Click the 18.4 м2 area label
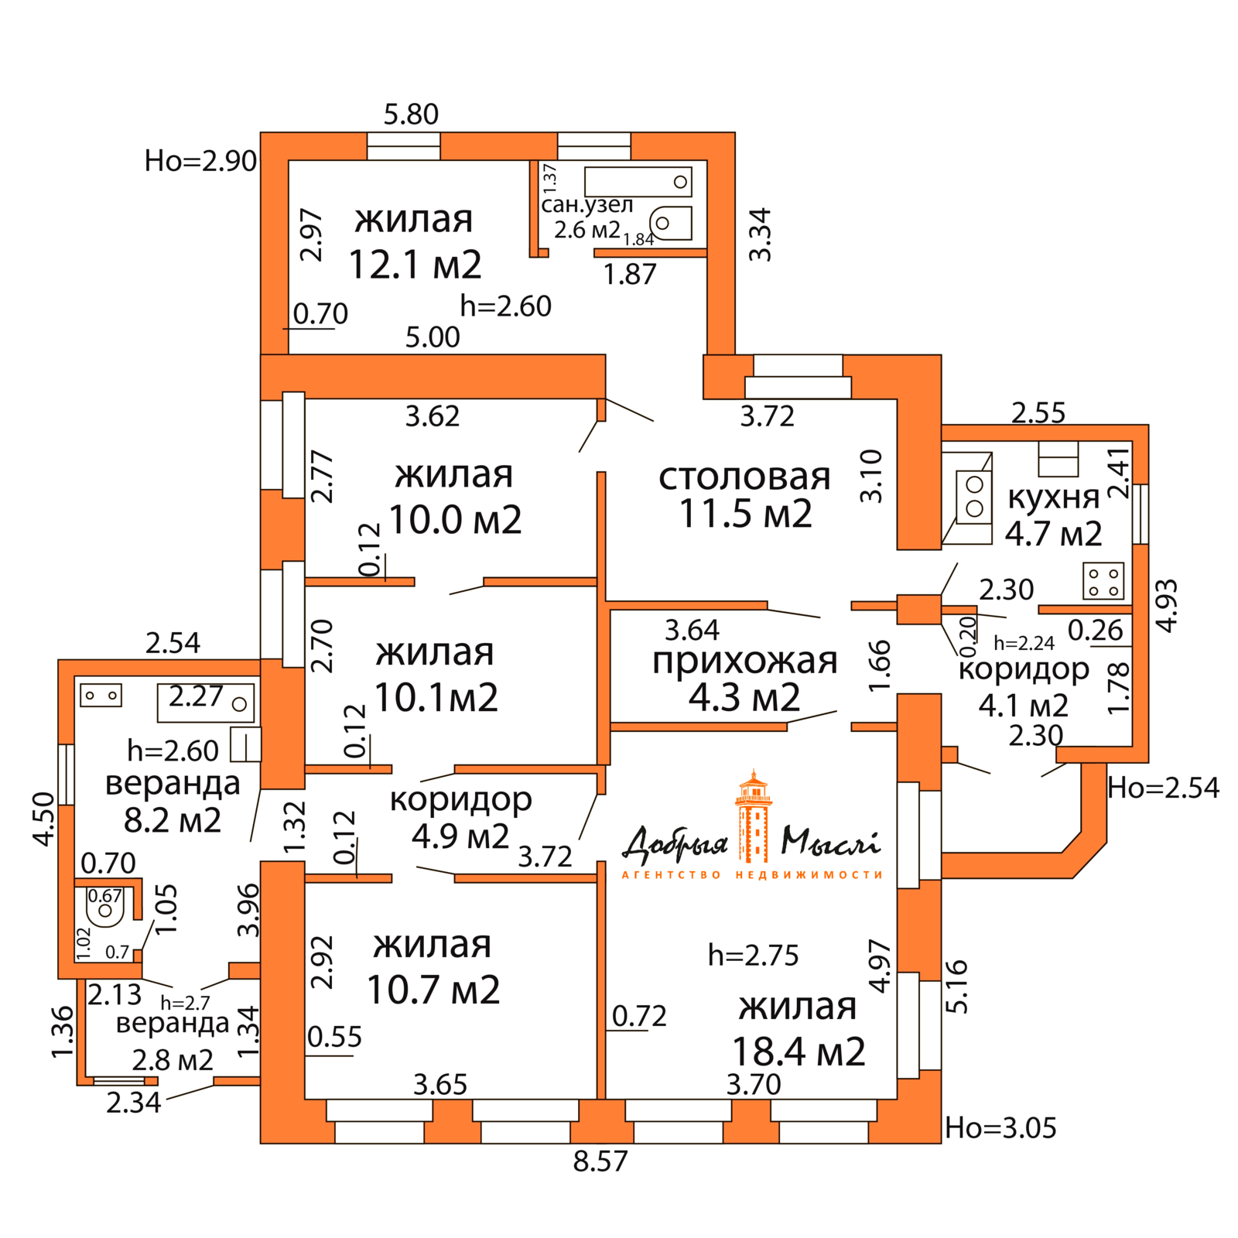tap(799, 1052)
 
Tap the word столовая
tap(744, 477)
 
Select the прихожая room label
tap(744, 661)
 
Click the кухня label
tap(1053, 497)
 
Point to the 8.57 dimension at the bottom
tap(600, 1161)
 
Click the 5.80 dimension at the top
tap(411, 115)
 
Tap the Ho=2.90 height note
tap(200, 161)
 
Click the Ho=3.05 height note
tap(1000, 1128)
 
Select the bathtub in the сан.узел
tap(638, 182)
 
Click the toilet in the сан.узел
tap(670, 224)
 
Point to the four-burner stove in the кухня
tap(1103, 581)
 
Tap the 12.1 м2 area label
tap(415, 265)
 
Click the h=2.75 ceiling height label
tap(753, 956)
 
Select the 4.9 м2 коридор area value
tap(460, 836)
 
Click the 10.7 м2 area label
tap(433, 990)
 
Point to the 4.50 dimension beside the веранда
tap(44, 819)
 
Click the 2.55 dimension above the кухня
tap(1038, 412)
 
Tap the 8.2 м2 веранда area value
tap(173, 820)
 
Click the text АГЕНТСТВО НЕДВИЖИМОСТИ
tap(752, 875)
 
